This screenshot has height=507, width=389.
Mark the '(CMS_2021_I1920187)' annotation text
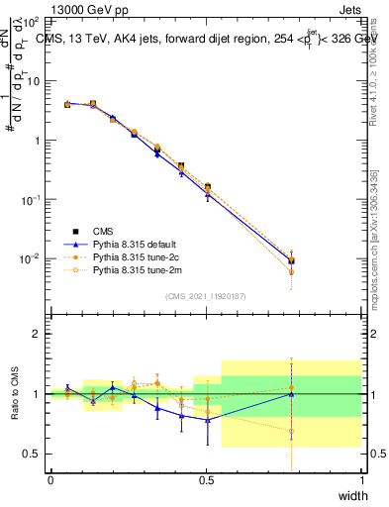205,295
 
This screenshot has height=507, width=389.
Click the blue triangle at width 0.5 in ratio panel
207,420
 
